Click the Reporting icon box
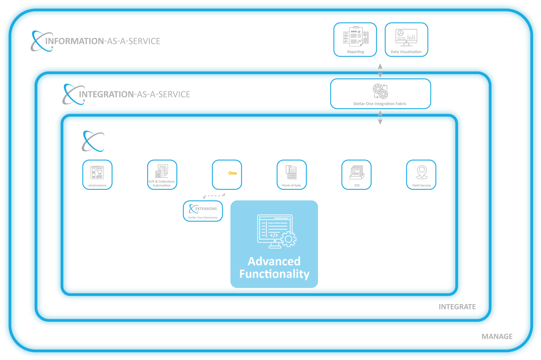(355, 40)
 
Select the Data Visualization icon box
(406, 40)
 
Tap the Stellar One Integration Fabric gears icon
(380, 91)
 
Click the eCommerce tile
(97, 175)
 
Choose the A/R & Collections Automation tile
(162, 175)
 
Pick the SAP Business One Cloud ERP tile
(227, 175)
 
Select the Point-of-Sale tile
(292, 175)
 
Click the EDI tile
(356, 175)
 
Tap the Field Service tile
(421, 175)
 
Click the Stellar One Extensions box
(203, 211)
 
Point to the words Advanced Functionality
(274, 268)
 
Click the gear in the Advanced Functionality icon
(289, 239)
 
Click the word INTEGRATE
(457, 307)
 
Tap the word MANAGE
(497, 337)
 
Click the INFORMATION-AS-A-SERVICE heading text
(103, 41)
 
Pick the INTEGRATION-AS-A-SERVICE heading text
(135, 95)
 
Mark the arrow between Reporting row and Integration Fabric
(380, 71)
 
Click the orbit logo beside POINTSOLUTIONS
(88, 141)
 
